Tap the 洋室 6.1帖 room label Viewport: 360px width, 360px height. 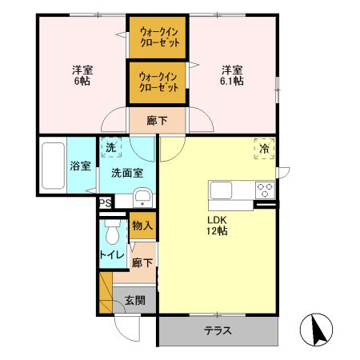point(232,74)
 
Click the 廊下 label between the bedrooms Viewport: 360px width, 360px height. point(158,121)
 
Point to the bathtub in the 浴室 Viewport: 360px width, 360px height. point(51,166)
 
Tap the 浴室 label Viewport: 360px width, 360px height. point(80,167)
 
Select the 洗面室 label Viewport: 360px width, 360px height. point(126,172)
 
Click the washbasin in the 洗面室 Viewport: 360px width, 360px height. point(142,198)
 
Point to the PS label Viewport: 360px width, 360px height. point(105,204)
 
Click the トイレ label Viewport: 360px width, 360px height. point(110,255)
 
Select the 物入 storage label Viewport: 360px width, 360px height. point(142,226)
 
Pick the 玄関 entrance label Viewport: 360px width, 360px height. point(134,301)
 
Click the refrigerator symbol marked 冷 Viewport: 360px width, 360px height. point(265,148)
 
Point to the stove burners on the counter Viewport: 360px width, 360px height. point(265,190)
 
